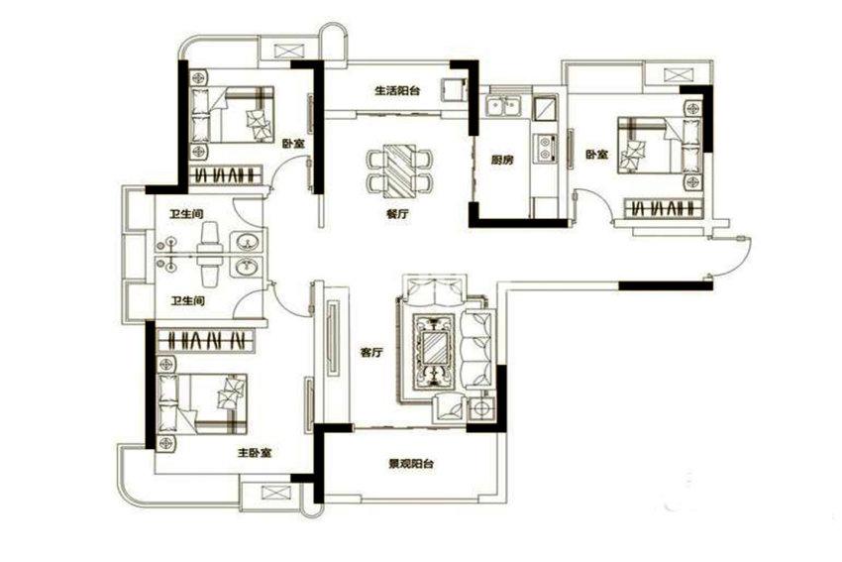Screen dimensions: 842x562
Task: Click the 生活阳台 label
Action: pyautogui.click(x=397, y=91)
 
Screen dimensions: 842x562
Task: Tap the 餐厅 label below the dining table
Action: pyautogui.click(x=397, y=214)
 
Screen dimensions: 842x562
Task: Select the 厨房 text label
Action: pyautogui.click(x=502, y=160)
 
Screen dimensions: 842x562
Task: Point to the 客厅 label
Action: pyautogui.click(x=371, y=353)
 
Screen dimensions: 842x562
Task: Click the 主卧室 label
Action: pyautogui.click(x=255, y=453)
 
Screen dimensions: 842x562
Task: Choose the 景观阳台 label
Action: pyautogui.click(x=411, y=464)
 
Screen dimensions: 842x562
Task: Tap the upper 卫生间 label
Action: pyautogui.click(x=187, y=214)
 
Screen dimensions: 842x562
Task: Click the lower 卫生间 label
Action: pyautogui.click(x=188, y=301)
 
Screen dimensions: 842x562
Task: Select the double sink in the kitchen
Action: pyautogui.click(x=502, y=106)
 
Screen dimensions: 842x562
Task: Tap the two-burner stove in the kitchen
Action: pyautogui.click(x=546, y=149)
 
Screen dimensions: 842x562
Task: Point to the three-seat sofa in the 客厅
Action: pyautogui.click(x=476, y=349)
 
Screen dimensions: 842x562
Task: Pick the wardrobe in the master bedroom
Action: pyautogui.click(x=206, y=340)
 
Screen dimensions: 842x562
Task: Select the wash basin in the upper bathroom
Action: pyautogui.click(x=247, y=242)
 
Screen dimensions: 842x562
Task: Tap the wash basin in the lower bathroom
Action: pyautogui.click(x=247, y=267)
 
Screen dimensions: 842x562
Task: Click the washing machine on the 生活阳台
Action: pyautogui.click(x=452, y=90)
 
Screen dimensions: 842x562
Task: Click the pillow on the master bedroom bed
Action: pyautogui.click(x=230, y=393)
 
